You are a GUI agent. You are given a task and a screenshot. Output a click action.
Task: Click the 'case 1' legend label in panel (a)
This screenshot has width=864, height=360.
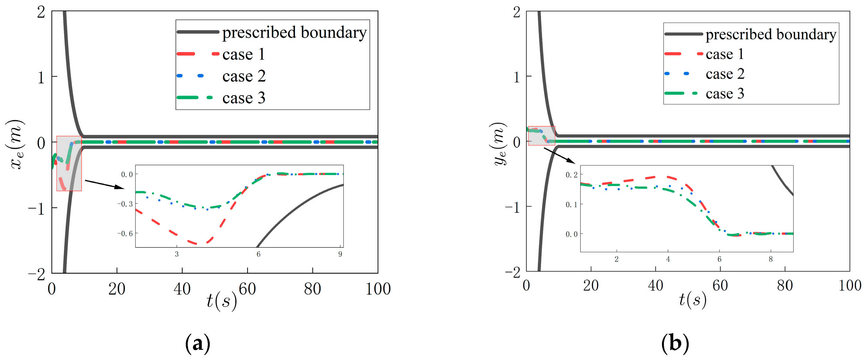click(244, 54)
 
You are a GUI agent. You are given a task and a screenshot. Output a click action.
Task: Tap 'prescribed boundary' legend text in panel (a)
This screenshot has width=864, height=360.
click(294, 32)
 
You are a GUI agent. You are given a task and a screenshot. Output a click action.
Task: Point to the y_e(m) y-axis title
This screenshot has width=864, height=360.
click(498, 144)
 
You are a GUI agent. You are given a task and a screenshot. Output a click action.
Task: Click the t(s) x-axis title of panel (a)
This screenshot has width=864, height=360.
click(221, 300)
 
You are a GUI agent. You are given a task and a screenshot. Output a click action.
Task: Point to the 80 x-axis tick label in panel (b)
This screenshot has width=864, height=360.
click(784, 285)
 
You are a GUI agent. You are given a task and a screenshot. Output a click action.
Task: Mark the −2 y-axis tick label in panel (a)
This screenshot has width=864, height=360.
click(37, 274)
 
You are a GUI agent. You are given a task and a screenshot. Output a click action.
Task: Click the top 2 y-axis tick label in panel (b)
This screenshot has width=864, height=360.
click(517, 12)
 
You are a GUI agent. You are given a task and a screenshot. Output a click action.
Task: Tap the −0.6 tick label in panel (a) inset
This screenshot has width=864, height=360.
click(125, 233)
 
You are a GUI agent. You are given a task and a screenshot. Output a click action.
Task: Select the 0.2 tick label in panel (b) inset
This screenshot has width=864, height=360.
click(571, 175)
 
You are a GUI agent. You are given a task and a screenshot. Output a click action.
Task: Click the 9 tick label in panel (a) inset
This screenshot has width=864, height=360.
click(340, 254)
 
